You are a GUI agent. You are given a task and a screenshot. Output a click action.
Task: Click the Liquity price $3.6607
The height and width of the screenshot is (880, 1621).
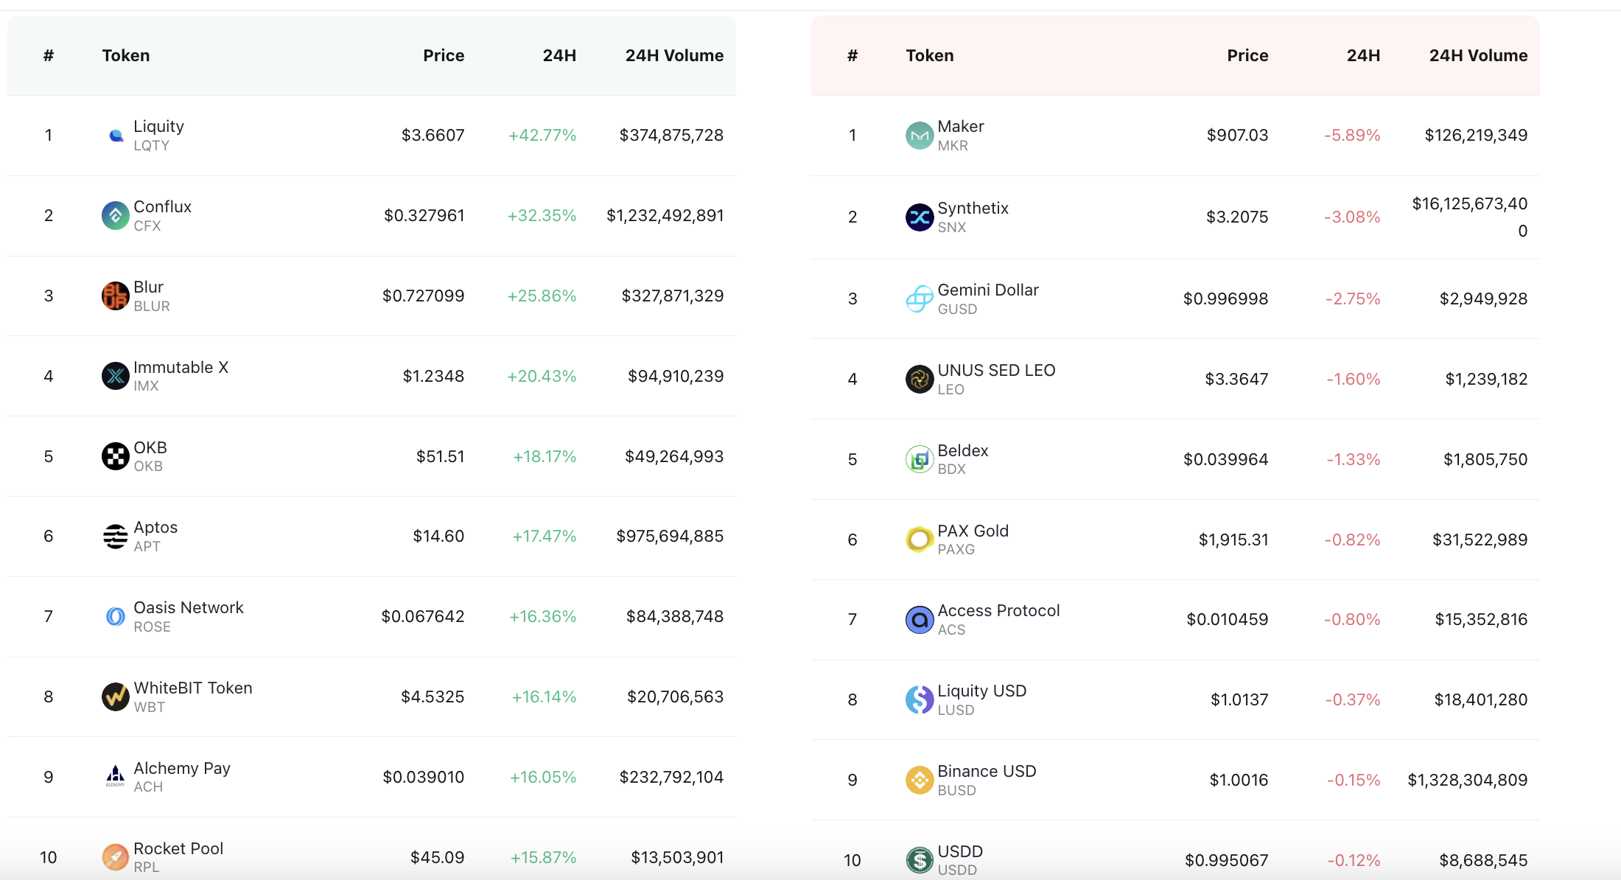(x=433, y=135)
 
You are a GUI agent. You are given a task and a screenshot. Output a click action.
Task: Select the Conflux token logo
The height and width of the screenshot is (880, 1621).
(x=115, y=215)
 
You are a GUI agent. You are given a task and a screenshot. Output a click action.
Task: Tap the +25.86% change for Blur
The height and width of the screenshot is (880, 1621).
(x=542, y=296)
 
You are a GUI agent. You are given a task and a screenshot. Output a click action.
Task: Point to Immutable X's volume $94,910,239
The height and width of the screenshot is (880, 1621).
(x=676, y=376)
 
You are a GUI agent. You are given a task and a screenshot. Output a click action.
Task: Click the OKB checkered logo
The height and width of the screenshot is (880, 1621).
(x=115, y=456)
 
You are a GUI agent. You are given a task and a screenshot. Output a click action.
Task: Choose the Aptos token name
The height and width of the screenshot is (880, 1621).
(x=155, y=527)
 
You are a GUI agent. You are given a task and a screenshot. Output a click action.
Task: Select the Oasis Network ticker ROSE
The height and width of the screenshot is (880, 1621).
(x=152, y=626)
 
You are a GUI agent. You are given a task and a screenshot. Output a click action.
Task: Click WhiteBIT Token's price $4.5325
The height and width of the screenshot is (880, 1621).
(x=433, y=696)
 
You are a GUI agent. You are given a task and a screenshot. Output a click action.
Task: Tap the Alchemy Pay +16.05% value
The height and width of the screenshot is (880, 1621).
(x=543, y=777)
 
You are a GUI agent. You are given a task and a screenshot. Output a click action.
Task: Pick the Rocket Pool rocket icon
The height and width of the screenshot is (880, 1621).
(x=115, y=857)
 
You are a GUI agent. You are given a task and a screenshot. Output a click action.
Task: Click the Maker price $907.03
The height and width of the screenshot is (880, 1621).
(x=1237, y=135)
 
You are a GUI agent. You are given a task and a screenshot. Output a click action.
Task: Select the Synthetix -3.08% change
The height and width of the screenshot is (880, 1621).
(x=1352, y=217)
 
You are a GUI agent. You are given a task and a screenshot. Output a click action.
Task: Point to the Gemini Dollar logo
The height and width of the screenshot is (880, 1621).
(x=920, y=298)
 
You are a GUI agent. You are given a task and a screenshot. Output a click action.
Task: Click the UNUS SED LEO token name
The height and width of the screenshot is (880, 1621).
(x=996, y=370)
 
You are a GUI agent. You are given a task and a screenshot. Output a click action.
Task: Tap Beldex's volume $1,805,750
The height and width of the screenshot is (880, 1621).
(x=1485, y=459)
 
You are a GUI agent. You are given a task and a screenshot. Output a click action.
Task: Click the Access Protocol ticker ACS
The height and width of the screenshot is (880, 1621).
(x=951, y=629)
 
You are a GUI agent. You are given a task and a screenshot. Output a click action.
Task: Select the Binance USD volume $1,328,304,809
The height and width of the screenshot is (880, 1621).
(x=1468, y=780)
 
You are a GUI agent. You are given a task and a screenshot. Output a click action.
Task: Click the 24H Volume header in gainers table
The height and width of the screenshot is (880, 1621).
(x=674, y=55)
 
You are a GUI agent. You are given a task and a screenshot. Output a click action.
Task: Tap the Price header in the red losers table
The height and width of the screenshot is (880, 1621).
(x=1247, y=55)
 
